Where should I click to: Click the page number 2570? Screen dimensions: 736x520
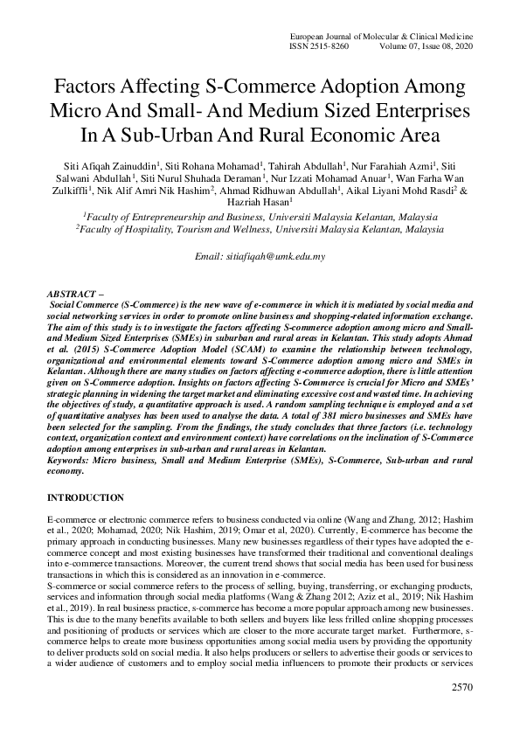point(461,712)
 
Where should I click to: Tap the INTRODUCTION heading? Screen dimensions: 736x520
point(85,497)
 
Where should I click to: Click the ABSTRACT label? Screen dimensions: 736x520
point(74,289)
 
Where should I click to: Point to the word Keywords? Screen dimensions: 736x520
point(70,460)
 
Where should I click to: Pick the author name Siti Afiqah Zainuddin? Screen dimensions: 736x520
point(116,166)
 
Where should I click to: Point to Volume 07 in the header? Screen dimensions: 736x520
point(406,45)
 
